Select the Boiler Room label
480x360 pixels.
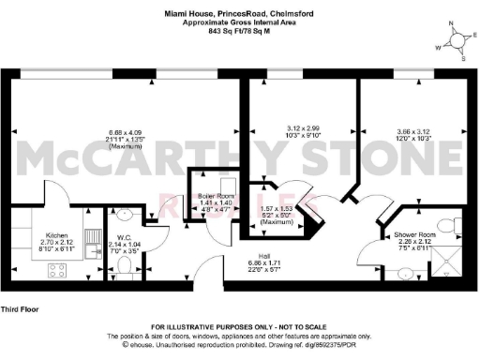[x=216, y=196]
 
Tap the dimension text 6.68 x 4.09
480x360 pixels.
[x=125, y=132]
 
